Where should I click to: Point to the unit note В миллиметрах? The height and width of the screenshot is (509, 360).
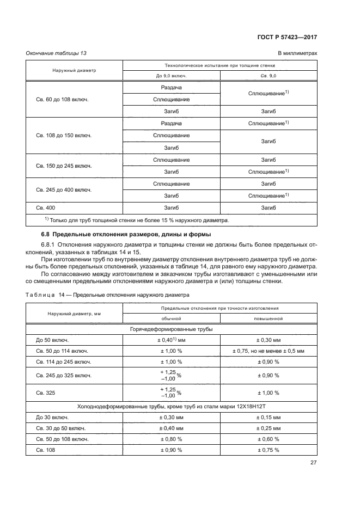coord(297,53)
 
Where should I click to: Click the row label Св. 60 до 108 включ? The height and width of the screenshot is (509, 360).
coord(62,100)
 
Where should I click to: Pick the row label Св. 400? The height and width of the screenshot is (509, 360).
coord(45,207)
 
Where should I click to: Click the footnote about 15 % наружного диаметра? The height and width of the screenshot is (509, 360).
coord(136,220)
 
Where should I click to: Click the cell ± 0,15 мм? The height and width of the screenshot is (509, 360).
coord(268,418)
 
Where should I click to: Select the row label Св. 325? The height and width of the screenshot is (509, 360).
coord(45,393)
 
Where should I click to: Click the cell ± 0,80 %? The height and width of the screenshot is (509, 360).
coord(171,439)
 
